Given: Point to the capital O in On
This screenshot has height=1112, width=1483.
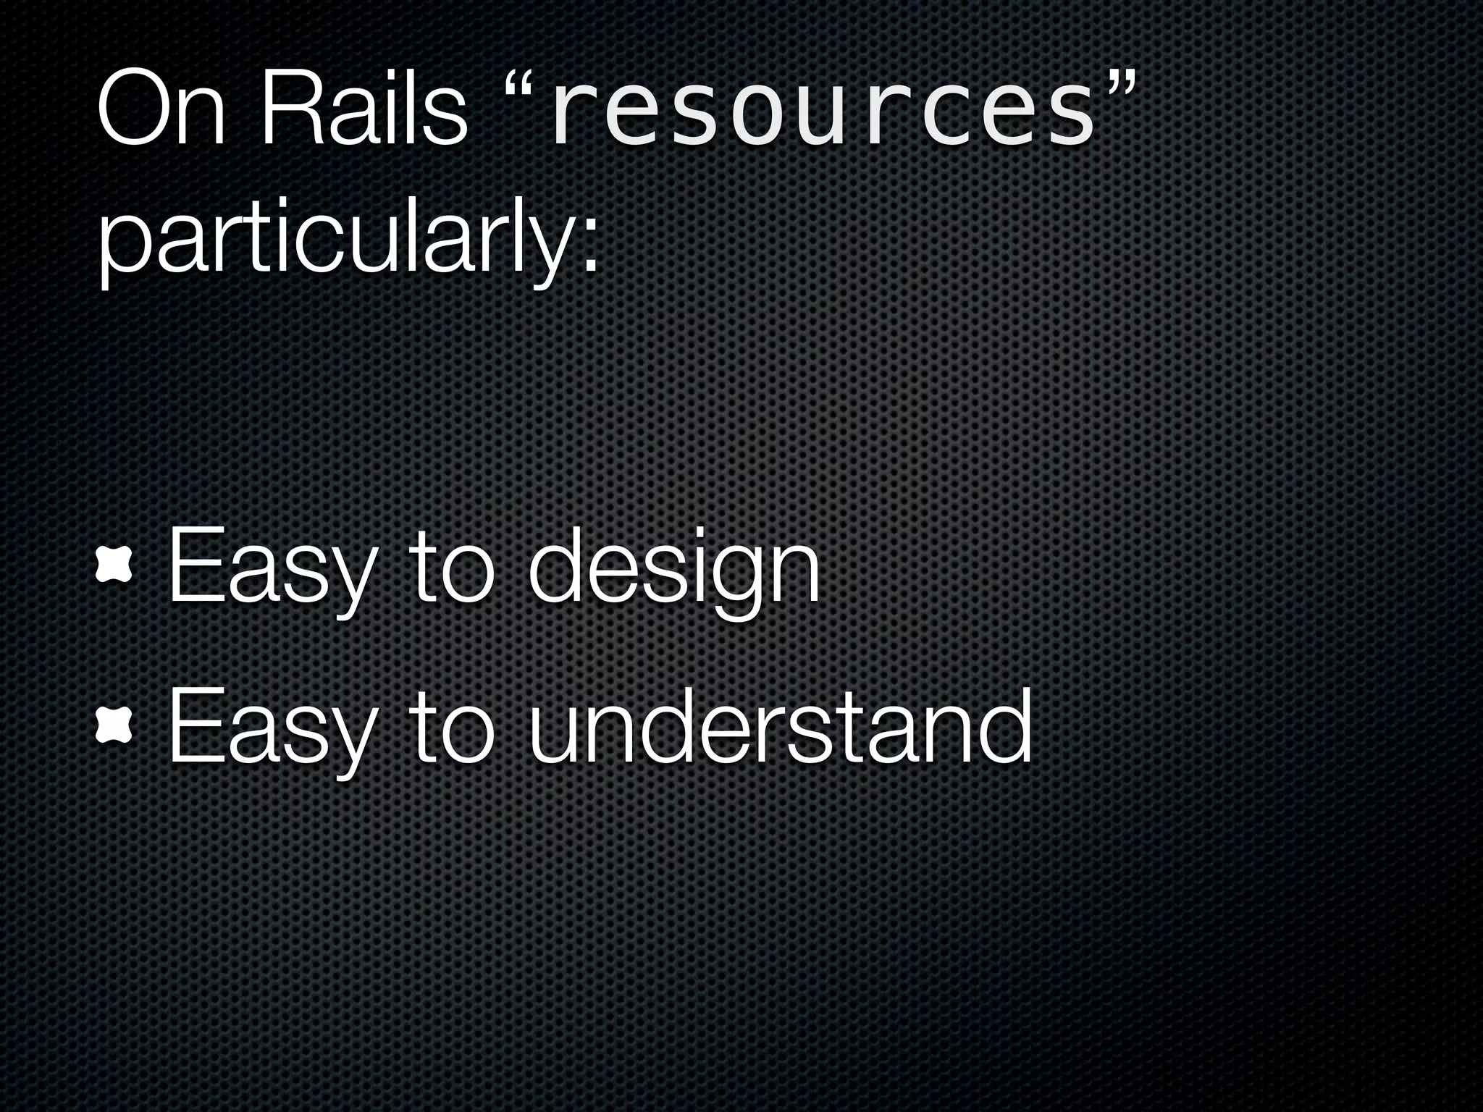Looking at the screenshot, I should point(134,109).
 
